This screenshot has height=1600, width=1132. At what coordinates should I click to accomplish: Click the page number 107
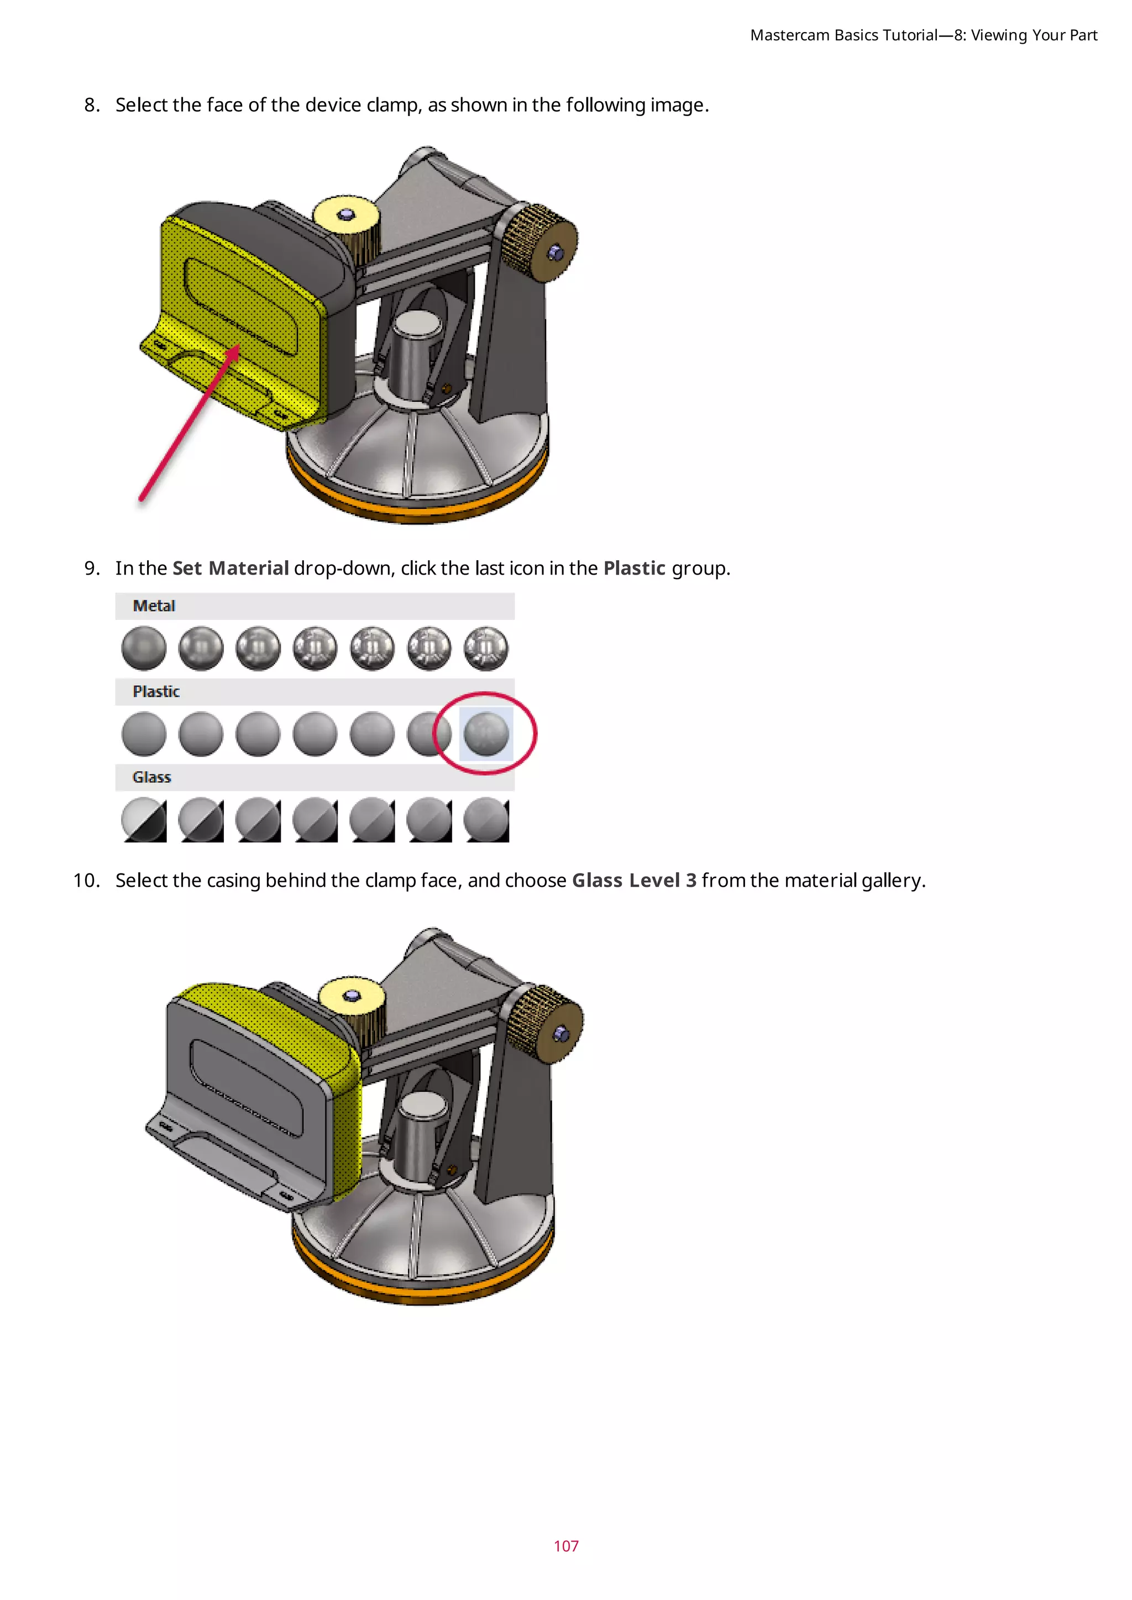(565, 1546)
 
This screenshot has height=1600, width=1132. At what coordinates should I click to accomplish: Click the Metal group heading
(154, 606)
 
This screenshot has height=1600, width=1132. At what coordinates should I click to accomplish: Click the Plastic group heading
(156, 692)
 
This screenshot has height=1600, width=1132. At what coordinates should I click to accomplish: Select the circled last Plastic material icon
(486, 734)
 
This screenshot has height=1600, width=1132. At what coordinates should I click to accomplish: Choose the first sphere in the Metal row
(144, 648)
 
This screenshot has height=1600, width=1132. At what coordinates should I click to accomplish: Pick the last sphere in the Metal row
(486, 648)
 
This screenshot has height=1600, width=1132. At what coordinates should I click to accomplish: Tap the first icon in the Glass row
(144, 819)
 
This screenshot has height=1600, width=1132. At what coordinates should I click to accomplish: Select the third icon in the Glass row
(258, 819)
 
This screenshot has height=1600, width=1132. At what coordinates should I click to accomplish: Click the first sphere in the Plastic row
(144, 734)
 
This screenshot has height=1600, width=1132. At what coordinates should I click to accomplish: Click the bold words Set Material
(230, 569)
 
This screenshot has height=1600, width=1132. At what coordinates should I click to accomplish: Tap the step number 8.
(91, 105)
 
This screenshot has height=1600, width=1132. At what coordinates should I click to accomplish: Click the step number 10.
(86, 881)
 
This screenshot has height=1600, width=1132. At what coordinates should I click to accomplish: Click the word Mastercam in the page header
(790, 35)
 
